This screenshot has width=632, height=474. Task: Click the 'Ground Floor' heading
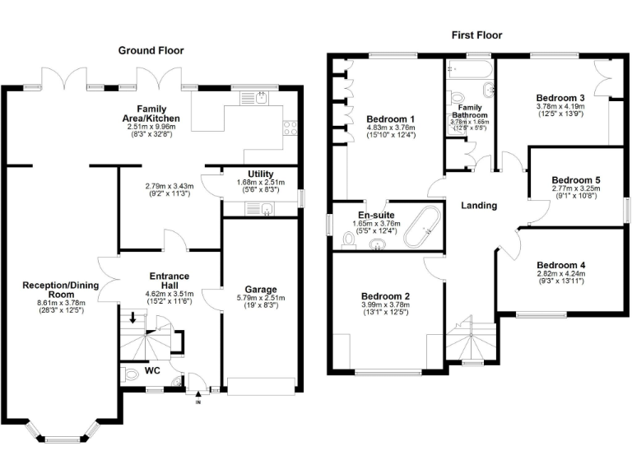point(151,50)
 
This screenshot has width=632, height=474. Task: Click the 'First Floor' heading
point(476,35)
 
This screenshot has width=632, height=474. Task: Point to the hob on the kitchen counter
point(290,127)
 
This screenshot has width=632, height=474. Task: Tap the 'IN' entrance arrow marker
point(197,401)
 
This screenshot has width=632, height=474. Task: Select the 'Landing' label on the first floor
point(478,205)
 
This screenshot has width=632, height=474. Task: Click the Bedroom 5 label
point(576,179)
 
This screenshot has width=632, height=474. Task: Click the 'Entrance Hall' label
point(169,281)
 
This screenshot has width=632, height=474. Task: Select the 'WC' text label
point(152,369)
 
